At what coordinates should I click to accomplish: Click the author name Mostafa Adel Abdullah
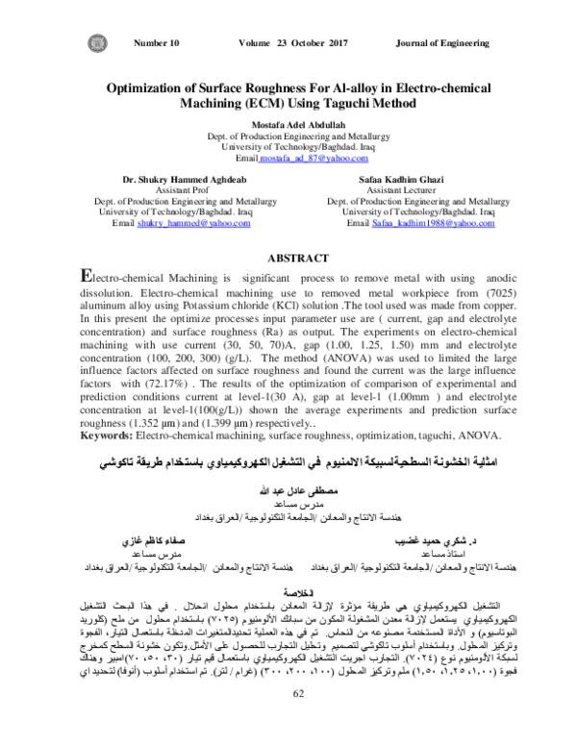[x=288, y=125]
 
